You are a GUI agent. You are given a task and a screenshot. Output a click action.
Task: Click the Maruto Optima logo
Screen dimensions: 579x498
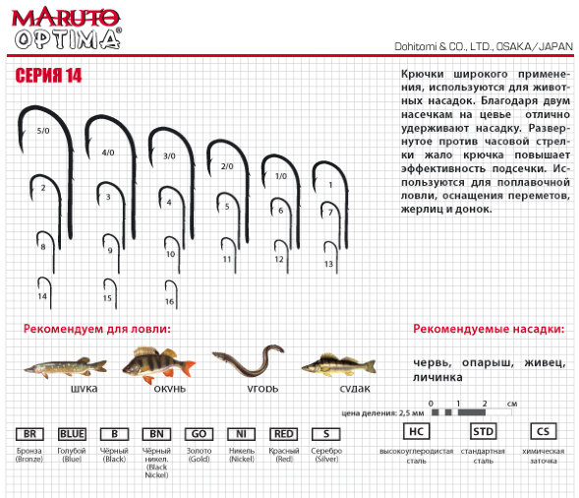coord(67,29)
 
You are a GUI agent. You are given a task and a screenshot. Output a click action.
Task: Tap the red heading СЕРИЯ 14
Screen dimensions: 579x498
coord(48,76)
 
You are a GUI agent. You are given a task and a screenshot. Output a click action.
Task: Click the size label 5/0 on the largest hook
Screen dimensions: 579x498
coord(43,131)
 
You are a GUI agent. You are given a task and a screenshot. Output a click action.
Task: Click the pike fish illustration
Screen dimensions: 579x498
coord(65,367)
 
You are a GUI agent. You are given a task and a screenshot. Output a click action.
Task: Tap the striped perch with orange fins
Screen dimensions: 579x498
coord(159,364)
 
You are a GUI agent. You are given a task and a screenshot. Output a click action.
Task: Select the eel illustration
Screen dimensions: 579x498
coord(248,360)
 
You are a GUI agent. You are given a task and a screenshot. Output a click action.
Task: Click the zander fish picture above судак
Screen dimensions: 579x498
coord(338,365)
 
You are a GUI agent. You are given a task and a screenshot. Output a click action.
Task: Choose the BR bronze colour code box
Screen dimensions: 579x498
coord(29,434)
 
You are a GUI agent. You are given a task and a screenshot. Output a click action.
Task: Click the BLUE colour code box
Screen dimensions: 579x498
coord(72,434)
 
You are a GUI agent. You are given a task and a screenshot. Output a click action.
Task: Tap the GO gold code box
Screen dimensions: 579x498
coord(199,434)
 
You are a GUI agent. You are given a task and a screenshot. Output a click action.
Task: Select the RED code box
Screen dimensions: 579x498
coord(283,434)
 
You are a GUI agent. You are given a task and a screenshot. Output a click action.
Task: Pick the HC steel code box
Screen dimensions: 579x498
coord(416,431)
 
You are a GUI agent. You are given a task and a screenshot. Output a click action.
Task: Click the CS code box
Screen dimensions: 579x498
coord(543,431)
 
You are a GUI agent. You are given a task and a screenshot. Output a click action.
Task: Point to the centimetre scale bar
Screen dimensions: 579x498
coord(472,412)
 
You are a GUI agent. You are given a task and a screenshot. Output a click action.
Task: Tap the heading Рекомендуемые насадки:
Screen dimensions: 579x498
coord(489,329)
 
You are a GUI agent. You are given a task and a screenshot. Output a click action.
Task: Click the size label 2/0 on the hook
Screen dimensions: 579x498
coord(227,166)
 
